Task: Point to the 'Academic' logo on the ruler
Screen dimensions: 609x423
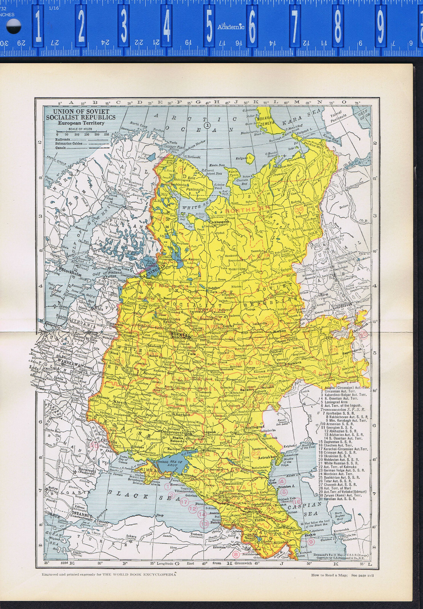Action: click(231, 27)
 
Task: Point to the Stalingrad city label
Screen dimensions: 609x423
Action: click(255, 427)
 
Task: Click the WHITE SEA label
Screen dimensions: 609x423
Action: click(195, 207)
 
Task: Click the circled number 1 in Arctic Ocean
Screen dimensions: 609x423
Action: click(207, 124)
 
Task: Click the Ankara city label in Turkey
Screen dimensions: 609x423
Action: click(131, 536)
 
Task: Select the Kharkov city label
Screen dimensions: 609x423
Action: click(179, 414)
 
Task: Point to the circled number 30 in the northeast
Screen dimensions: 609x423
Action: click(299, 209)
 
